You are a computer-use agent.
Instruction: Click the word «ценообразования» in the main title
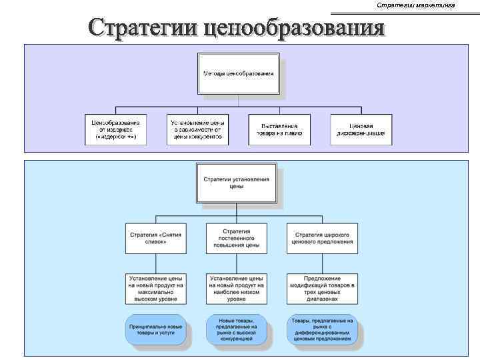(294, 28)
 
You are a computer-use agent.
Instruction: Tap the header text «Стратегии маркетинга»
(415, 5)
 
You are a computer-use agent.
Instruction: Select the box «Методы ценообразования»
(238, 73)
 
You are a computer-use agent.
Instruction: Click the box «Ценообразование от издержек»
(115, 129)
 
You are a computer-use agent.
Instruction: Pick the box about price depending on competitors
(197, 129)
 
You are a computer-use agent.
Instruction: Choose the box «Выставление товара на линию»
(279, 129)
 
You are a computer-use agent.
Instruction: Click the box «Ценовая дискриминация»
(361, 129)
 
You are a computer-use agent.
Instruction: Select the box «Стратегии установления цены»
(236, 183)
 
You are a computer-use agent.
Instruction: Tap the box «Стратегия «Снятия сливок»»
(155, 238)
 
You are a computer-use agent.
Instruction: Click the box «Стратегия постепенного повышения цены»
(237, 238)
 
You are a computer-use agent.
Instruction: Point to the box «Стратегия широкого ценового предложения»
(322, 238)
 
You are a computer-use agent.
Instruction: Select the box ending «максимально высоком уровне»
(155, 289)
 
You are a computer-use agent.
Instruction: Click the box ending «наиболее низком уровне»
(237, 289)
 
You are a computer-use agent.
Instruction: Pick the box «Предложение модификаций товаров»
(322, 289)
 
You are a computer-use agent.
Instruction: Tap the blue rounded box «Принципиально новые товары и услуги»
(156, 329)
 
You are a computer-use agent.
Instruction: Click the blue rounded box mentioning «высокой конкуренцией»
(237, 329)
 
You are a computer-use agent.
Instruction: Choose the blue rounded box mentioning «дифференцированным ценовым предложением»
(322, 329)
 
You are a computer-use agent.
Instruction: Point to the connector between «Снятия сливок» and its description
(155, 263)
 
